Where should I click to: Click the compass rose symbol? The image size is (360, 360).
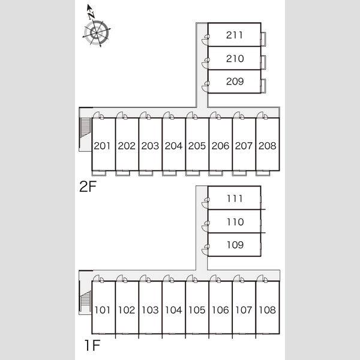point(97,33)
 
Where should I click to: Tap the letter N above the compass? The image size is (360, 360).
point(91,16)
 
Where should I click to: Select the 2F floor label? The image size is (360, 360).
point(88,187)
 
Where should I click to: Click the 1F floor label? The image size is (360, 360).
point(92,346)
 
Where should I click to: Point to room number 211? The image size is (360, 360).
point(235,35)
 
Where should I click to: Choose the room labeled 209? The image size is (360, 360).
point(235,82)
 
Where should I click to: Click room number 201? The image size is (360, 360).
point(102,146)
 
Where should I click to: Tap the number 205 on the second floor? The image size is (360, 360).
point(197,146)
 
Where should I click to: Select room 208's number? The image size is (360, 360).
point(267,146)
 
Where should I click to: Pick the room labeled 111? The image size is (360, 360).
point(235,199)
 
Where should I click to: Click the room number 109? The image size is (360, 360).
point(235,245)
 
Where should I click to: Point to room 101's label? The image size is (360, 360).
point(103,310)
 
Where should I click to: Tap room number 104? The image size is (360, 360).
point(173,310)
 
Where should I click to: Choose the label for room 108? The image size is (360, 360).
point(267,310)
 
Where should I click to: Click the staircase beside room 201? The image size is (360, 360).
point(85,133)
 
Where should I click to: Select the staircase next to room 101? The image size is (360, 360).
point(85,301)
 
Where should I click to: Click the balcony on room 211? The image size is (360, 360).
point(263,39)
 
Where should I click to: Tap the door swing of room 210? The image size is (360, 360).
point(206,64)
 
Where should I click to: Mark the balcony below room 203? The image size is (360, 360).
point(146,173)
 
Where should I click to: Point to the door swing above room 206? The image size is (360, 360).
point(215,115)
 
